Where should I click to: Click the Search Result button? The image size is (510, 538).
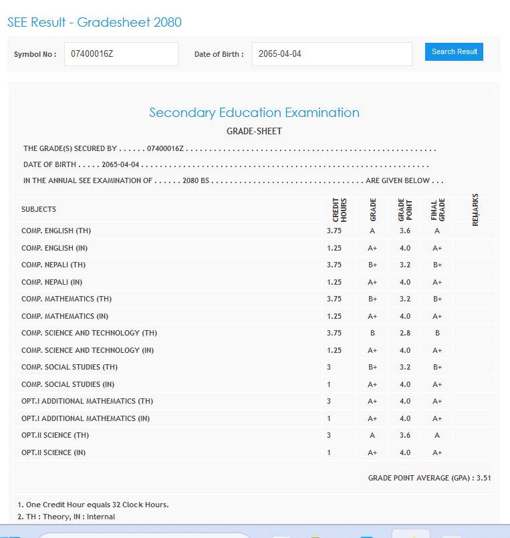coord(454,52)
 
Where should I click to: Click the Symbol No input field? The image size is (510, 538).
coord(121,54)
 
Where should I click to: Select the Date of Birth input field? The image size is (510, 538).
coord(332,54)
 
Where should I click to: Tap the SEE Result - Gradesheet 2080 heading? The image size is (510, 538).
coord(94,23)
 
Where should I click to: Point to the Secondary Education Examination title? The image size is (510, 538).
coord(254,113)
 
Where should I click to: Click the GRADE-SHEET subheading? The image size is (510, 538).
coord(254,132)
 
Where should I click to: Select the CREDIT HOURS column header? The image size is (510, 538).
coord(340,209)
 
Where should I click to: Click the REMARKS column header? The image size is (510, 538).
coord(475,209)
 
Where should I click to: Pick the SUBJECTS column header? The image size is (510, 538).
coord(39,210)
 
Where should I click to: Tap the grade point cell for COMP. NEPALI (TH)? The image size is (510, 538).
coord(405,265)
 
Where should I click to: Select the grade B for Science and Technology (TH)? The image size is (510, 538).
coord(372,333)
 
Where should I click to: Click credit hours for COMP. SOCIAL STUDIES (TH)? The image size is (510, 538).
coord(329,368)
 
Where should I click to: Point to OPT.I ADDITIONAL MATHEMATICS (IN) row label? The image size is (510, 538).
coord(86,419)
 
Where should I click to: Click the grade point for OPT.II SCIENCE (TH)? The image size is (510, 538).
coord(405,436)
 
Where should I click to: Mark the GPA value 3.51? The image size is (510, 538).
coord(484,479)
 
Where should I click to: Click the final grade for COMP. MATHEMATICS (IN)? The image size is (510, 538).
coord(437,316)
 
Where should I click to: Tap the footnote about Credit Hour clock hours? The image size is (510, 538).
coord(93,505)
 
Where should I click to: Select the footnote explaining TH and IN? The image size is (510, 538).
coord(66,517)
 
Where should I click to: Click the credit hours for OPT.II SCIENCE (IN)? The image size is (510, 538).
coord(329,453)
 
